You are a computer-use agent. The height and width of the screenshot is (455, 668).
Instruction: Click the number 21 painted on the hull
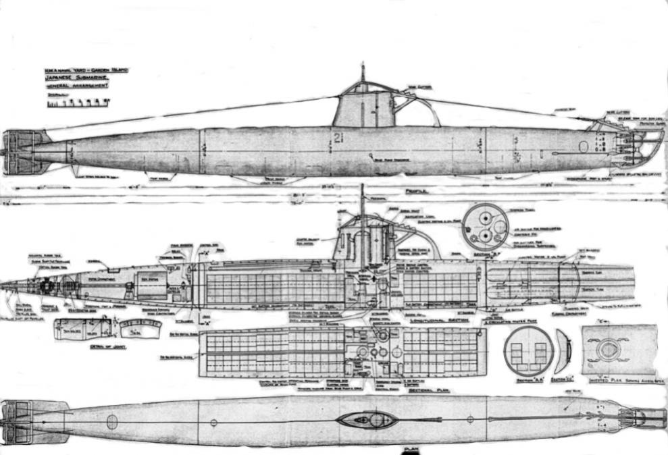point(338,138)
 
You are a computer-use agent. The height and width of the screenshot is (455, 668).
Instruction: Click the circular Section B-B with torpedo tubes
point(485,227)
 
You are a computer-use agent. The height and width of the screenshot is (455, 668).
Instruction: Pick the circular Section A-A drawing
point(528,350)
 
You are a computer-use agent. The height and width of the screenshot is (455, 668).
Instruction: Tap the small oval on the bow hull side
point(584,146)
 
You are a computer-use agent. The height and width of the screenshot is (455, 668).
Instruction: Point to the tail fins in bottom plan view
point(27,422)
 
